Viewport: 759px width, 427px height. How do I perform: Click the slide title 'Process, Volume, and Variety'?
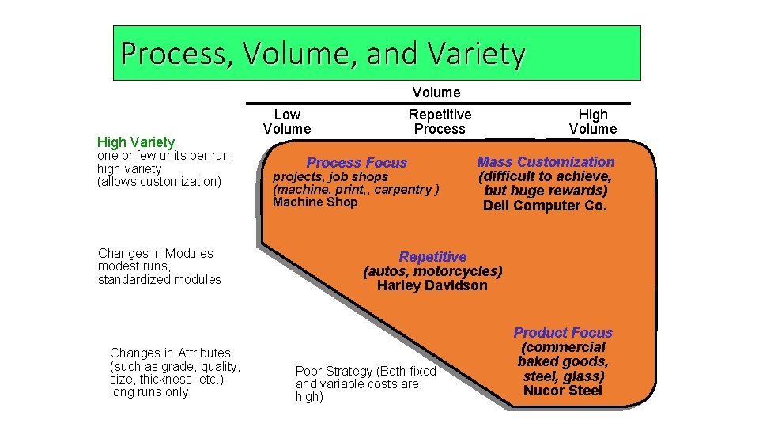tap(323, 53)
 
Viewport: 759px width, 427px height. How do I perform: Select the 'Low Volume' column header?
tap(287, 122)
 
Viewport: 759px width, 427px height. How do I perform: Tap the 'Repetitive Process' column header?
tap(440, 122)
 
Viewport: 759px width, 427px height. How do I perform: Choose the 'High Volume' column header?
tap(592, 122)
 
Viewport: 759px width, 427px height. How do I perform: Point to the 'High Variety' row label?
tap(135, 142)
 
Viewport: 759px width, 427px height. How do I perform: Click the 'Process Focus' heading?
tap(357, 163)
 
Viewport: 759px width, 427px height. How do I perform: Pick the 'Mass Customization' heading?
tap(546, 162)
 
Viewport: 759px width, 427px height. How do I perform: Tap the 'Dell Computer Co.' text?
tap(546, 206)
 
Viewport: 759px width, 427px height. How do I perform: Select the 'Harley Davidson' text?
tap(432, 285)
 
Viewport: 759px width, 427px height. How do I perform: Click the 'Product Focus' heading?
tap(563, 333)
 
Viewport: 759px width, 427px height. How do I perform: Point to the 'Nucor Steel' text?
tap(563, 390)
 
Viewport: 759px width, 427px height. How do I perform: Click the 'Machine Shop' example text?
tap(315, 202)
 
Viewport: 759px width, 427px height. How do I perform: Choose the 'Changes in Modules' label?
tap(156, 254)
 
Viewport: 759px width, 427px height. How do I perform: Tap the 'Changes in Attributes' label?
tap(170, 353)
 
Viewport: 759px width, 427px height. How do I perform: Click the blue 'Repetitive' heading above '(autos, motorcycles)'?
tap(432, 257)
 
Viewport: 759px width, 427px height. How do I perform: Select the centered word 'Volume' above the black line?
tap(436, 93)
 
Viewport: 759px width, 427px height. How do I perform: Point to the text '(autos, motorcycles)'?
tap(432, 271)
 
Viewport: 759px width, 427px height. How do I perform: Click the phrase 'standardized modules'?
tap(159, 280)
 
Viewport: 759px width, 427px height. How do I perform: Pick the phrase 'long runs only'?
tap(149, 392)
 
